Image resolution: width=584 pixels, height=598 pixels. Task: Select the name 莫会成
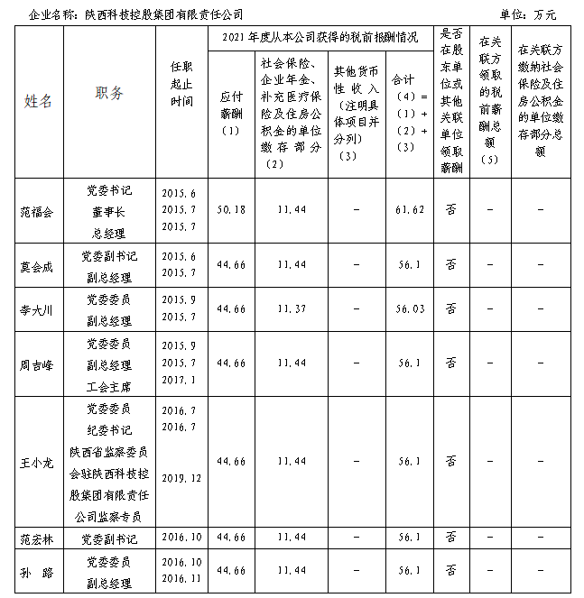(37, 266)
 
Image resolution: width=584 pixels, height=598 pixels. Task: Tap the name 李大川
(37, 309)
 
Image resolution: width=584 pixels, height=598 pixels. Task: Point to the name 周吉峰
(37, 363)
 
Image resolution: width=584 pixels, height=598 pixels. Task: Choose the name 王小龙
(37, 461)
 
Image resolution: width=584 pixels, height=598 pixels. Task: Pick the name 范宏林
(37, 538)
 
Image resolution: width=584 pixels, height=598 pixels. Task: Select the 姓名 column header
(38, 100)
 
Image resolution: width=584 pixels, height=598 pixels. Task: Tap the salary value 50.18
(232, 209)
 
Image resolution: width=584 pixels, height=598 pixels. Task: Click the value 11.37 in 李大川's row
(291, 309)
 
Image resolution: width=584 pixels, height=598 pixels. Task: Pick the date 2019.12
(181, 476)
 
